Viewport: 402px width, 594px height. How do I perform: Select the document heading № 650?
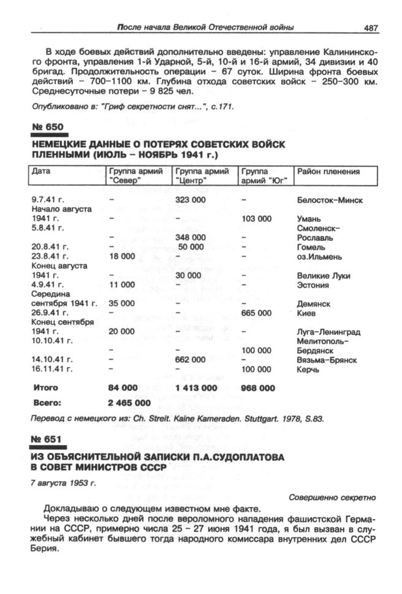point(47,128)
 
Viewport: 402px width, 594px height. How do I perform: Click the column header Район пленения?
point(328,172)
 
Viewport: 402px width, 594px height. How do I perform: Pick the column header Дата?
point(41,172)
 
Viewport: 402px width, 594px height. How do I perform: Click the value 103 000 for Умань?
point(256,218)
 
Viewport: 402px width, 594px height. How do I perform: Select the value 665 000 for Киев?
point(256,313)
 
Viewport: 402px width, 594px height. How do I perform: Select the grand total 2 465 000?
point(129,403)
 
